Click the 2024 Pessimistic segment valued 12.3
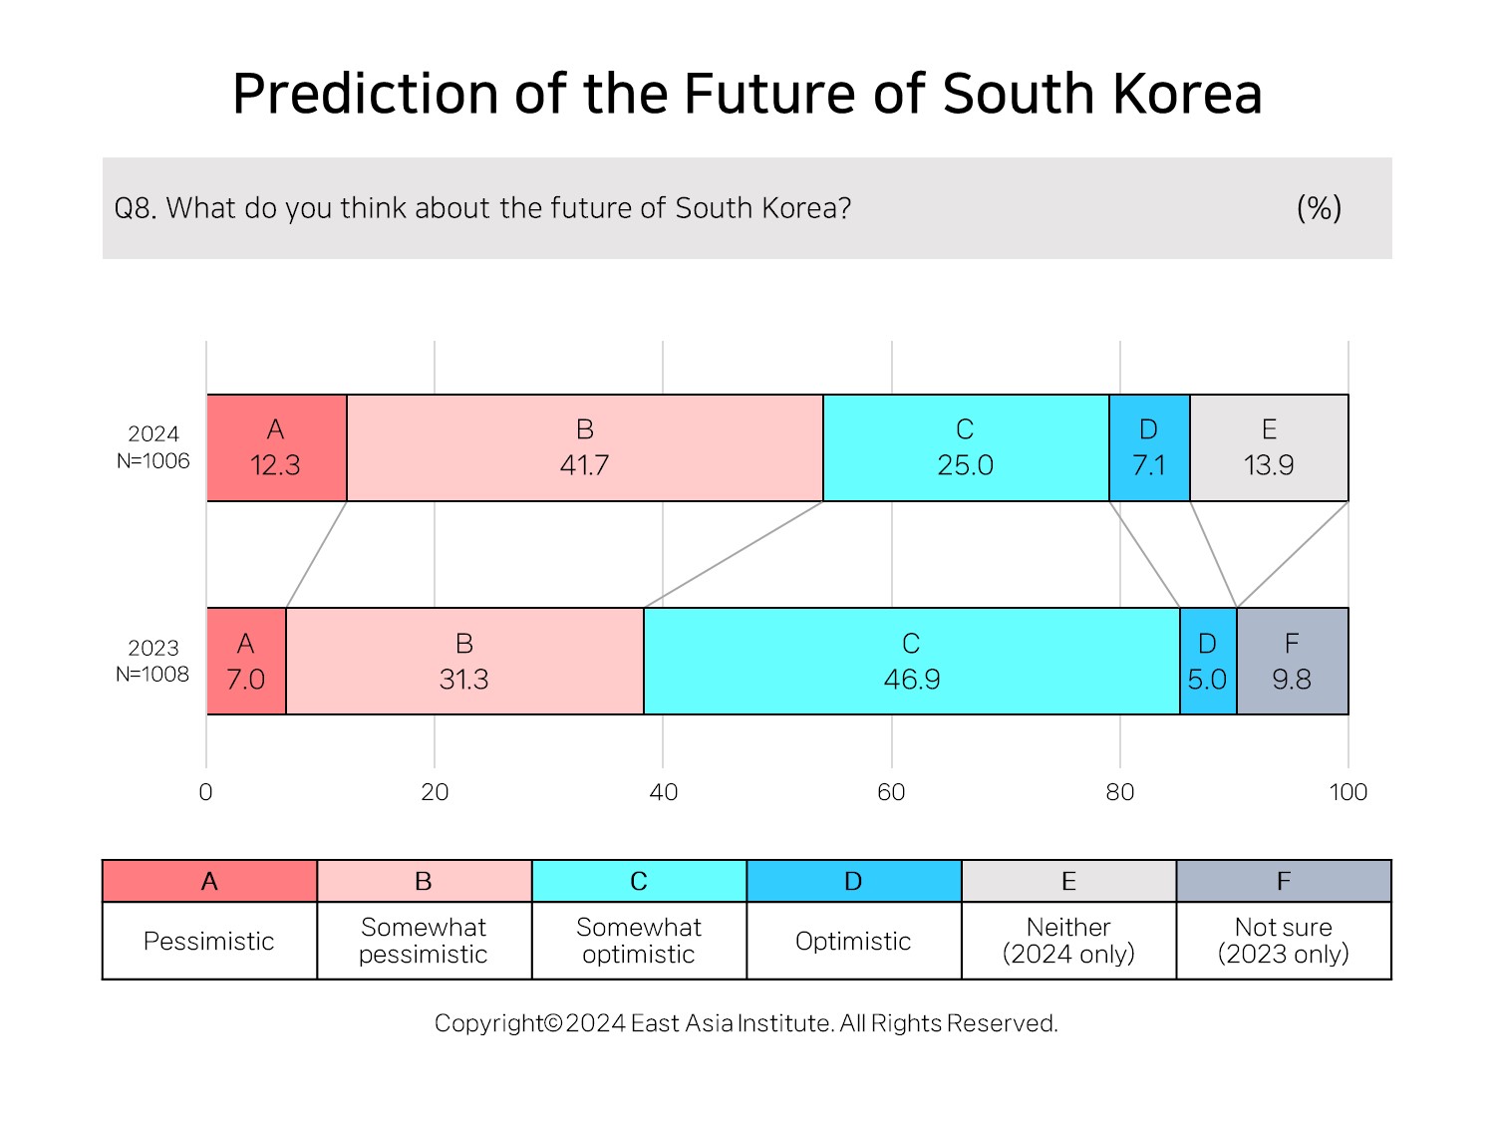[276, 447]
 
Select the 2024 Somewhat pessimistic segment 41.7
[585, 447]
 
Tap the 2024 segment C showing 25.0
[966, 447]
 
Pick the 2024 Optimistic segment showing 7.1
[1150, 447]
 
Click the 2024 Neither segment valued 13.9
[1270, 447]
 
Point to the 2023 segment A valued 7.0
[246, 662]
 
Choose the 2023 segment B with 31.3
[465, 662]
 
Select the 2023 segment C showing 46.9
[912, 662]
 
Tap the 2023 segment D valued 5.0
[1208, 662]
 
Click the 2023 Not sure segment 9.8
[1293, 662]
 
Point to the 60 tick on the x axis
[892, 792]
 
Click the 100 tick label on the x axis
[1348, 792]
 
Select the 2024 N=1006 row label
[153, 447]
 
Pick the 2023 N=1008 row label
[152, 661]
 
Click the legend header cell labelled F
[1284, 882]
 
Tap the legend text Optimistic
[853, 942]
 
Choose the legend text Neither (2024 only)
[1068, 941]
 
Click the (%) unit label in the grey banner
[1320, 208]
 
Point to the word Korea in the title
[1188, 94]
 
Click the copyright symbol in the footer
[554, 1023]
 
